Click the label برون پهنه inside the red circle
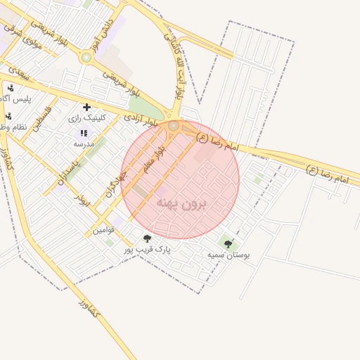click(182, 203)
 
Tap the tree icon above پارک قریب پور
click(147, 238)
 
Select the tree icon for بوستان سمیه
click(228, 244)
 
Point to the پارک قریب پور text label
click(147, 249)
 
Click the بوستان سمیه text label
click(228, 255)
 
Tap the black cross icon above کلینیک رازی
click(86, 108)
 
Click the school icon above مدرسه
click(84, 133)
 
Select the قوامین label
click(98, 230)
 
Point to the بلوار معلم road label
click(154, 160)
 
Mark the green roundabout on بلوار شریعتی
click(86, 57)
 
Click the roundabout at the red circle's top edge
click(174, 125)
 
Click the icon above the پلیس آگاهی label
click(10, 88)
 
